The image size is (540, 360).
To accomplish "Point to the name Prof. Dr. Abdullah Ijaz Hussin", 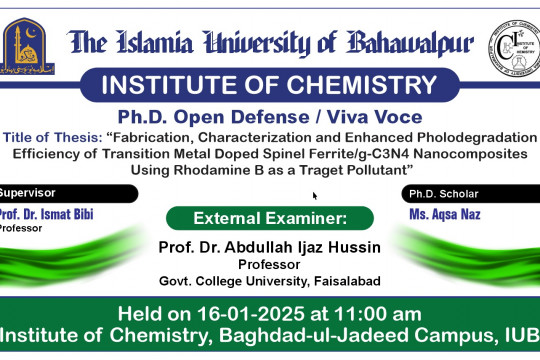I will pyautogui.click(x=270, y=246).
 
